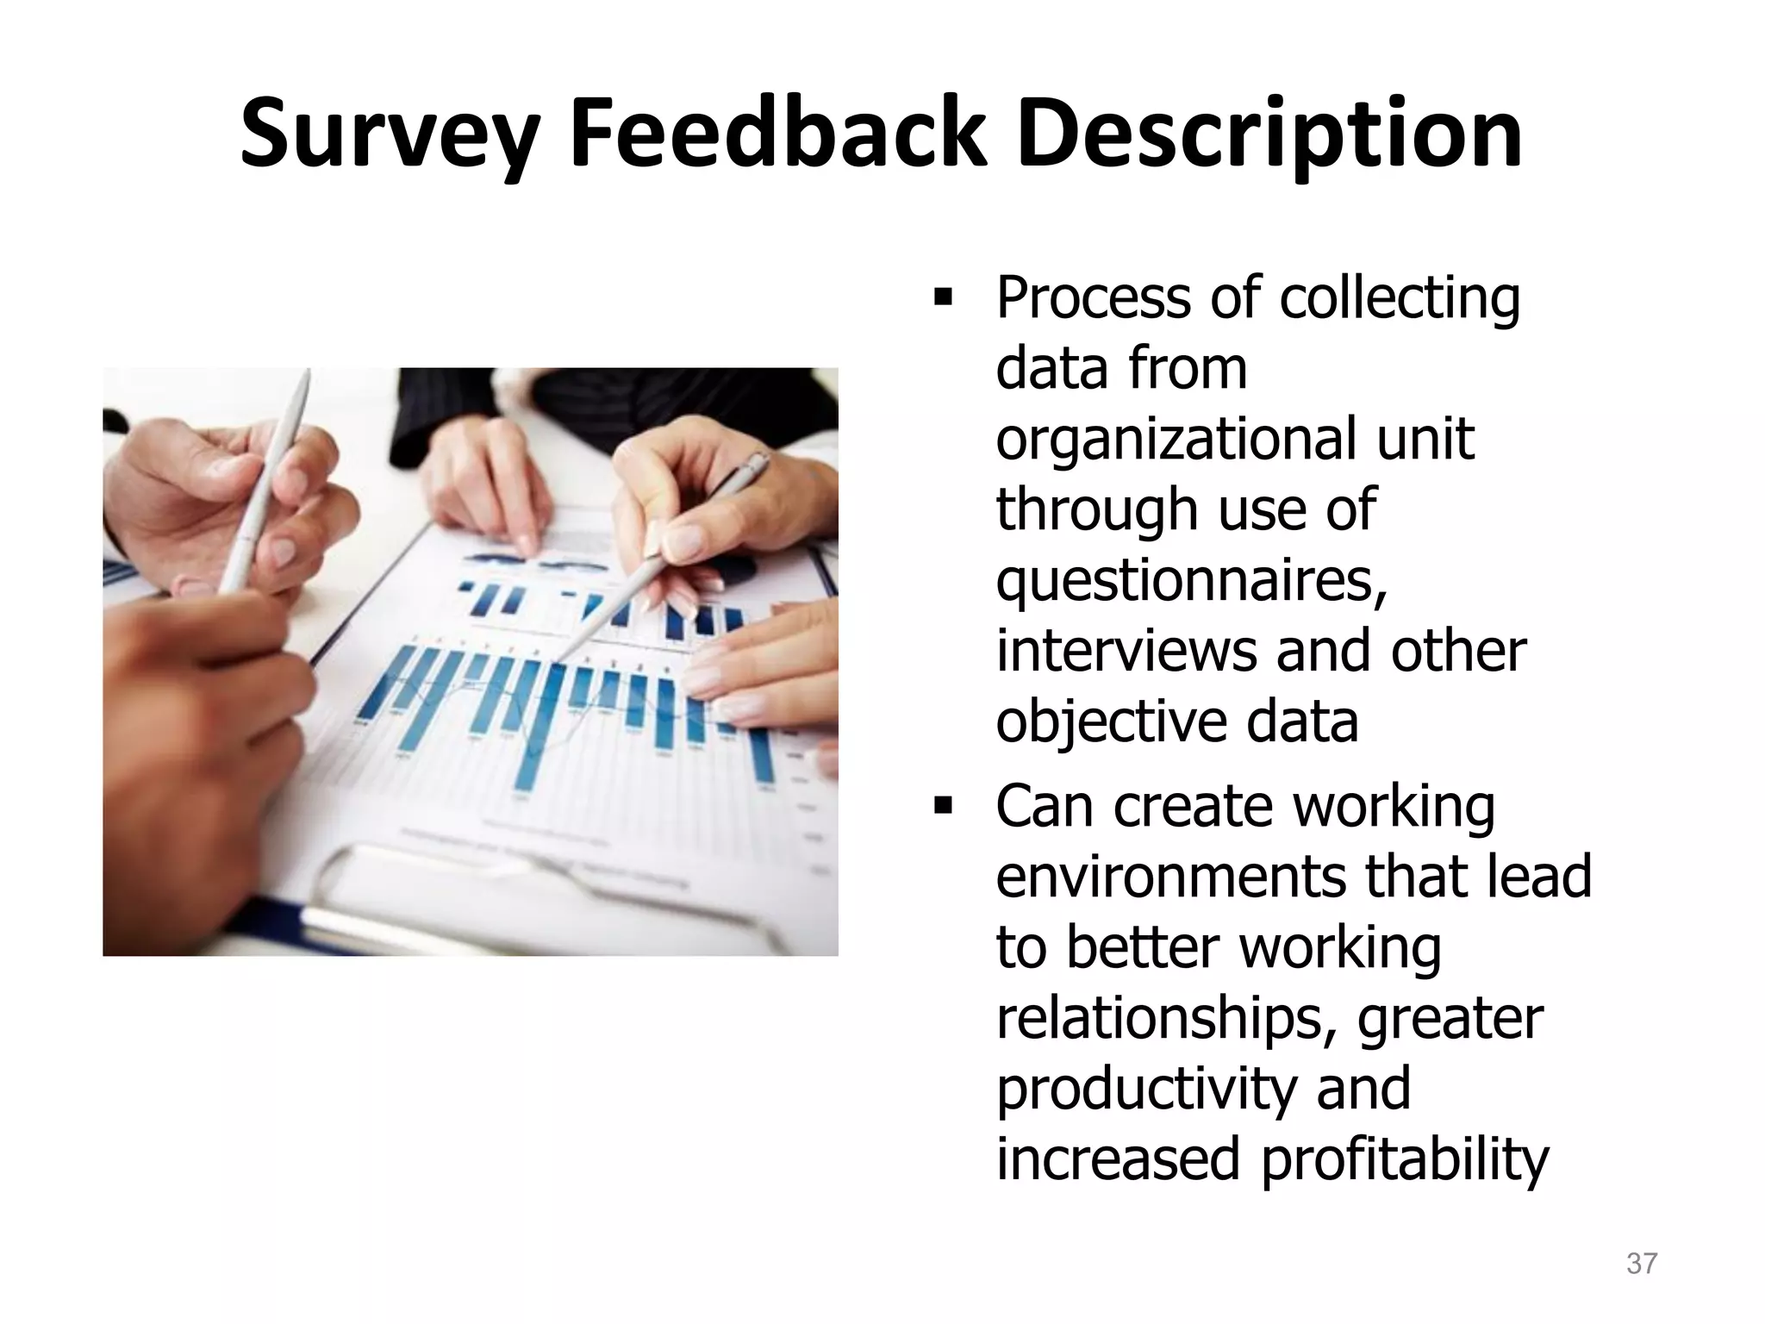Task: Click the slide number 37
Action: [x=1641, y=1264]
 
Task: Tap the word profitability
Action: [x=1405, y=1160]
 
